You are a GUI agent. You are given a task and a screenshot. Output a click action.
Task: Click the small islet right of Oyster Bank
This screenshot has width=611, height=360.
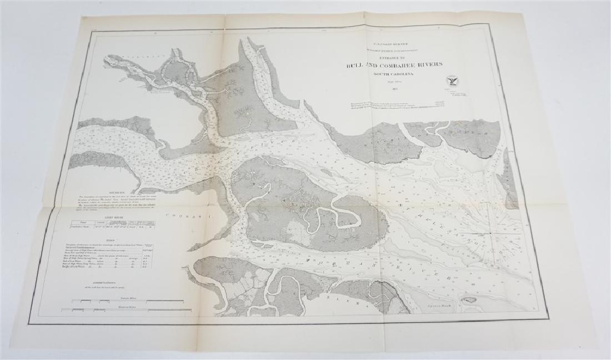click(x=470, y=300)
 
